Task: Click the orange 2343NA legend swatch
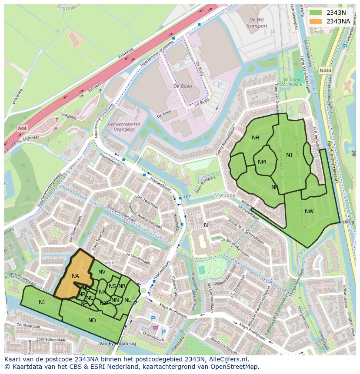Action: [x=316, y=21]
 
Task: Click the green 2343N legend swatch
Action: [x=316, y=13]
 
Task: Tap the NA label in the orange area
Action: [x=75, y=276]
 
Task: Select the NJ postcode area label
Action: [x=42, y=302]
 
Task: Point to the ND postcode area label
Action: [x=92, y=321]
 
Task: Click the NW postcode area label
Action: [x=309, y=212]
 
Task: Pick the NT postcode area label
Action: [x=290, y=155]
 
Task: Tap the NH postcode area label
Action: [x=255, y=138]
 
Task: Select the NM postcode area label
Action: [x=262, y=162]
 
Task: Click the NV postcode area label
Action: [x=102, y=272]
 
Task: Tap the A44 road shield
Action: [x=22, y=128]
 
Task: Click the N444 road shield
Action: [x=324, y=70]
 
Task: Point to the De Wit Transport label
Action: [x=257, y=23]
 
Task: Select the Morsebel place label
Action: [x=225, y=195]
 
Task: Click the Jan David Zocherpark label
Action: [x=292, y=82]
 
